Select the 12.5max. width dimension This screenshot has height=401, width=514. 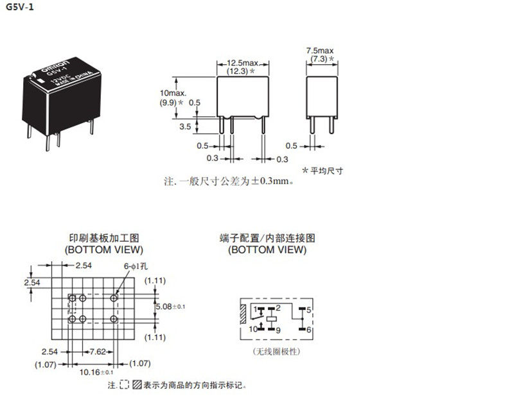tap(242, 63)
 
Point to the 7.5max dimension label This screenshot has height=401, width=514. tap(319, 50)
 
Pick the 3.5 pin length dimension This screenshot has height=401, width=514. tap(184, 127)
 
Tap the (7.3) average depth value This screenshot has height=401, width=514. tap(319, 58)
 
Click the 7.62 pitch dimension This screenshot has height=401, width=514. tap(99, 352)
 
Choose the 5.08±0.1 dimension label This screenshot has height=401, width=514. tap(170, 307)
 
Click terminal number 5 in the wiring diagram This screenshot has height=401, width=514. tap(309, 310)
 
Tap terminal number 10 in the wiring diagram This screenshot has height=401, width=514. tap(253, 329)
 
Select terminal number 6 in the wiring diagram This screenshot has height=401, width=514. tap(309, 329)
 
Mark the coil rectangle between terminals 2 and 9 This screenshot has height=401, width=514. tap(272, 319)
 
